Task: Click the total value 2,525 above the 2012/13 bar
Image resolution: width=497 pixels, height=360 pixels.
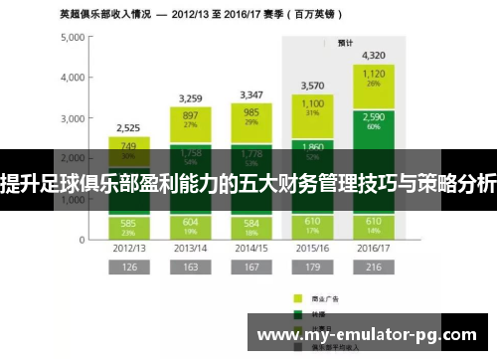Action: point(129,128)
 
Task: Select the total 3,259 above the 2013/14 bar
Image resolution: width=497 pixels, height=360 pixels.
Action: point(189,98)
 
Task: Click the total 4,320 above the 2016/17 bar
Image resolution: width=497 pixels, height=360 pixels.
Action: point(373,55)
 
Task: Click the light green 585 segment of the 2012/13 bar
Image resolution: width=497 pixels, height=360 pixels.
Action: point(129,226)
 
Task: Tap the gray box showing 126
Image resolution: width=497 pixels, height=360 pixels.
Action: point(129,268)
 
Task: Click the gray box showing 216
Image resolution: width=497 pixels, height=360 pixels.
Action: point(373,268)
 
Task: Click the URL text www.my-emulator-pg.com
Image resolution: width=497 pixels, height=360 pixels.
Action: point(372,334)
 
